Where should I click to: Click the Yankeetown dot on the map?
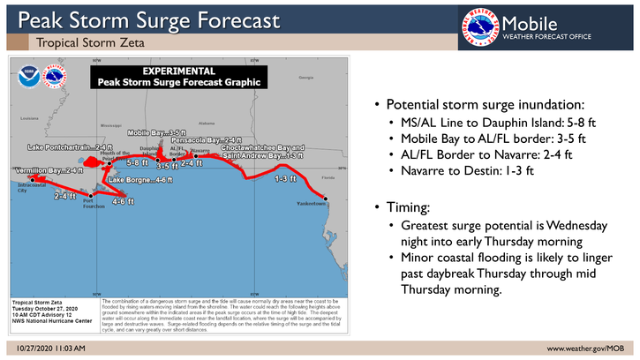(x=325, y=198)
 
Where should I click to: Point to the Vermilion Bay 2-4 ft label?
(x=48, y=169)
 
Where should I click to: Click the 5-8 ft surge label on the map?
(x=137, y=163)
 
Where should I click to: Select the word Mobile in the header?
(x=531, y=21)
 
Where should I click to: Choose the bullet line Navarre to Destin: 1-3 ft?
(x=460, y=170)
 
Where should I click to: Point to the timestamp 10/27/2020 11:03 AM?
(x=49, y=349)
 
